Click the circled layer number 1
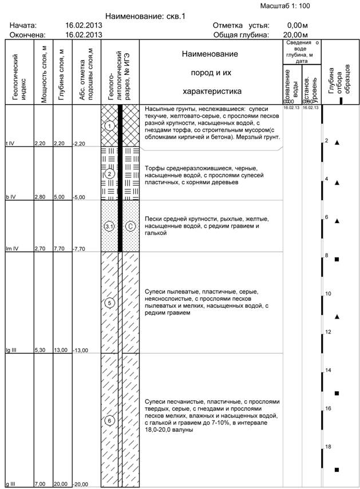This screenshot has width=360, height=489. (109, 126)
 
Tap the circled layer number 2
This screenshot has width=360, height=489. (109, 174)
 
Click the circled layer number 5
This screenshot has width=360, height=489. (109, 303)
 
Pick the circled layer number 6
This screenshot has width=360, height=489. (109, 420)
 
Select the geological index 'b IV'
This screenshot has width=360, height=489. (10, 197)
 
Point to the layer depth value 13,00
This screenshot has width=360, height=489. (60, 350)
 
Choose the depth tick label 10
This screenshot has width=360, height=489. (328, 293)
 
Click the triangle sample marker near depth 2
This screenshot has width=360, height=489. (337, 143)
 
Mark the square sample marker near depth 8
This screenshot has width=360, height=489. (337, 260)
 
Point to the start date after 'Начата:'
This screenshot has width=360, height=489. (84, 26)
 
